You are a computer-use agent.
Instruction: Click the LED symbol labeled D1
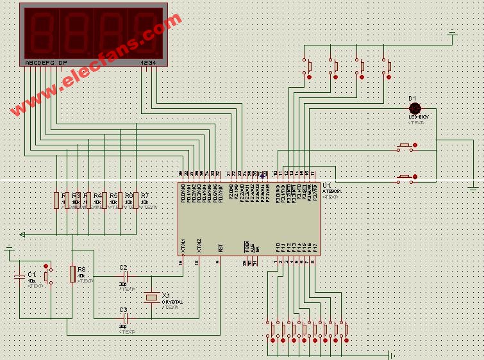pyautogui.click(x=414, y=108)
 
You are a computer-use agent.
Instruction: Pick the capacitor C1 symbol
pyautogui.click(x=19, y=276)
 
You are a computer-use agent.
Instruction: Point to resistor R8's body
pyautogui.click(x=72, y=274)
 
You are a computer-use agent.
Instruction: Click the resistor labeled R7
pyautogui.click(x=136, y=200)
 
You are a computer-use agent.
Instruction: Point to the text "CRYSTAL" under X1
pyautogui.click(x=172, y=302)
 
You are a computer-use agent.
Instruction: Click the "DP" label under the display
pyautogui.click(x=62, y=63)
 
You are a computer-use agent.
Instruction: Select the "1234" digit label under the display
pyautogui.click(x=147, y=63)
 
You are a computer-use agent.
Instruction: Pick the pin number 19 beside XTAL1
pyautogui.click(x=181, y=261)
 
